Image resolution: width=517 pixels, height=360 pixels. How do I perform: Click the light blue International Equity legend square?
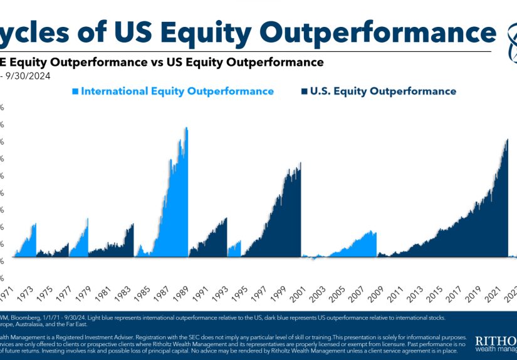coord(76,91)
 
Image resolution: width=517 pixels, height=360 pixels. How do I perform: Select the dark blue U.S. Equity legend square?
coord(304,91)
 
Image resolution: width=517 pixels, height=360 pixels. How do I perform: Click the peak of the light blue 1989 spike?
coord(186,129)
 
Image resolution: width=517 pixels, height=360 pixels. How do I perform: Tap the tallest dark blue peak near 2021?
coord(506,140)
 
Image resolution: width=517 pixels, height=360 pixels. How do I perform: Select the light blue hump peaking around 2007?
coord(373,232)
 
